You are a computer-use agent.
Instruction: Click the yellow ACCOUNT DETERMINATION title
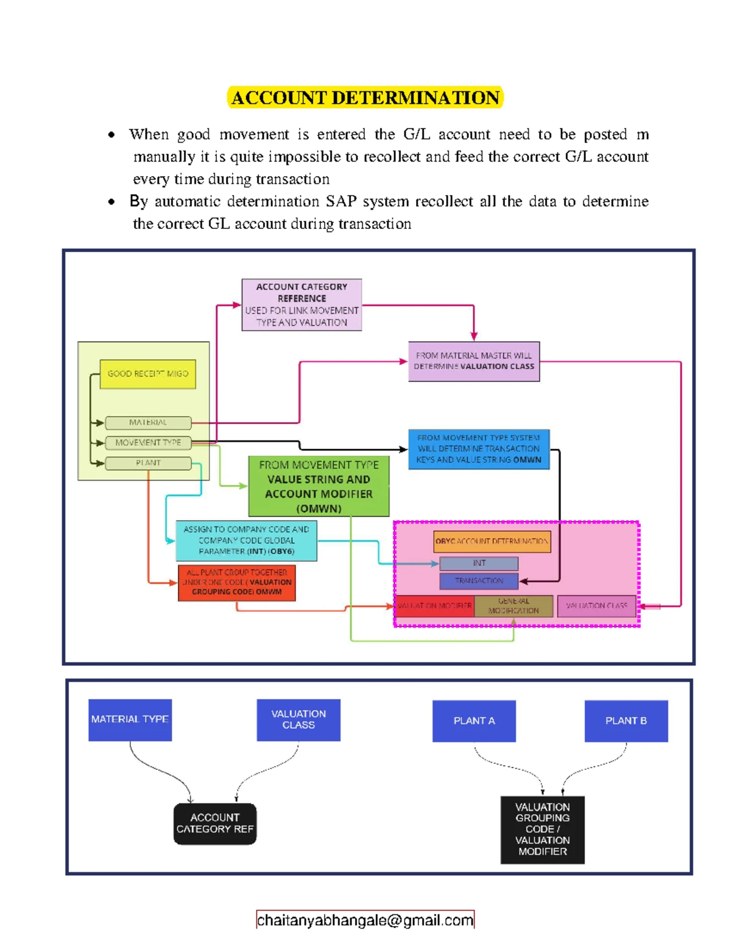click(x=365, y=97)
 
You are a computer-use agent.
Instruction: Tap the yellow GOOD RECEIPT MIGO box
click(x=147, y=373)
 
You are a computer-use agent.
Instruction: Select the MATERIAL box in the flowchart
click(x=148, y=422)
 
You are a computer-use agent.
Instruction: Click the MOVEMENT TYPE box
click(x=148, y=443)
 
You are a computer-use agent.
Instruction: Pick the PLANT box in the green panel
click(x=148, y=463)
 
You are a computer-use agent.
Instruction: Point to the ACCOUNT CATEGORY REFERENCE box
click(x=302, y=305)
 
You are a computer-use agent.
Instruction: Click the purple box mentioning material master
click(x=473, y=361)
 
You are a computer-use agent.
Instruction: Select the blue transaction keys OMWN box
click(x=478, y=449)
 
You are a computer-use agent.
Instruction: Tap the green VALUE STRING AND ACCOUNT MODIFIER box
click(x=319, y=486)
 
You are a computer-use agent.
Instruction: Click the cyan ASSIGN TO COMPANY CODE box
click(x=246, y=540)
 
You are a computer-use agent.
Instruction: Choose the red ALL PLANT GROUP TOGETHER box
click(x=236, y=582)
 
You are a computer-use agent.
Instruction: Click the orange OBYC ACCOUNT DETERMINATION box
click(x=492, y=541)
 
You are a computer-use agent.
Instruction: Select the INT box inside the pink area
click(x=479, y=563)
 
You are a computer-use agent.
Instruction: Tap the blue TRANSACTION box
click(x=479, y=581)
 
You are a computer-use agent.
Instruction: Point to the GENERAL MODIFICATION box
click(x=514, y=606)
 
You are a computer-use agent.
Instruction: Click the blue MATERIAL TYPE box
click(x=130, y=719)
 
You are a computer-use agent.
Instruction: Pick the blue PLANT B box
click(x=626, y=721)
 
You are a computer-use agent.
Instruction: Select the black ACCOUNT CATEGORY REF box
click(x=214, y=824)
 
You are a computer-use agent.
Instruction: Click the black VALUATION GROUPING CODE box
click(x=542, y=829)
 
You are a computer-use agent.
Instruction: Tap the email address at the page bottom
click(x=365, y=920)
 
